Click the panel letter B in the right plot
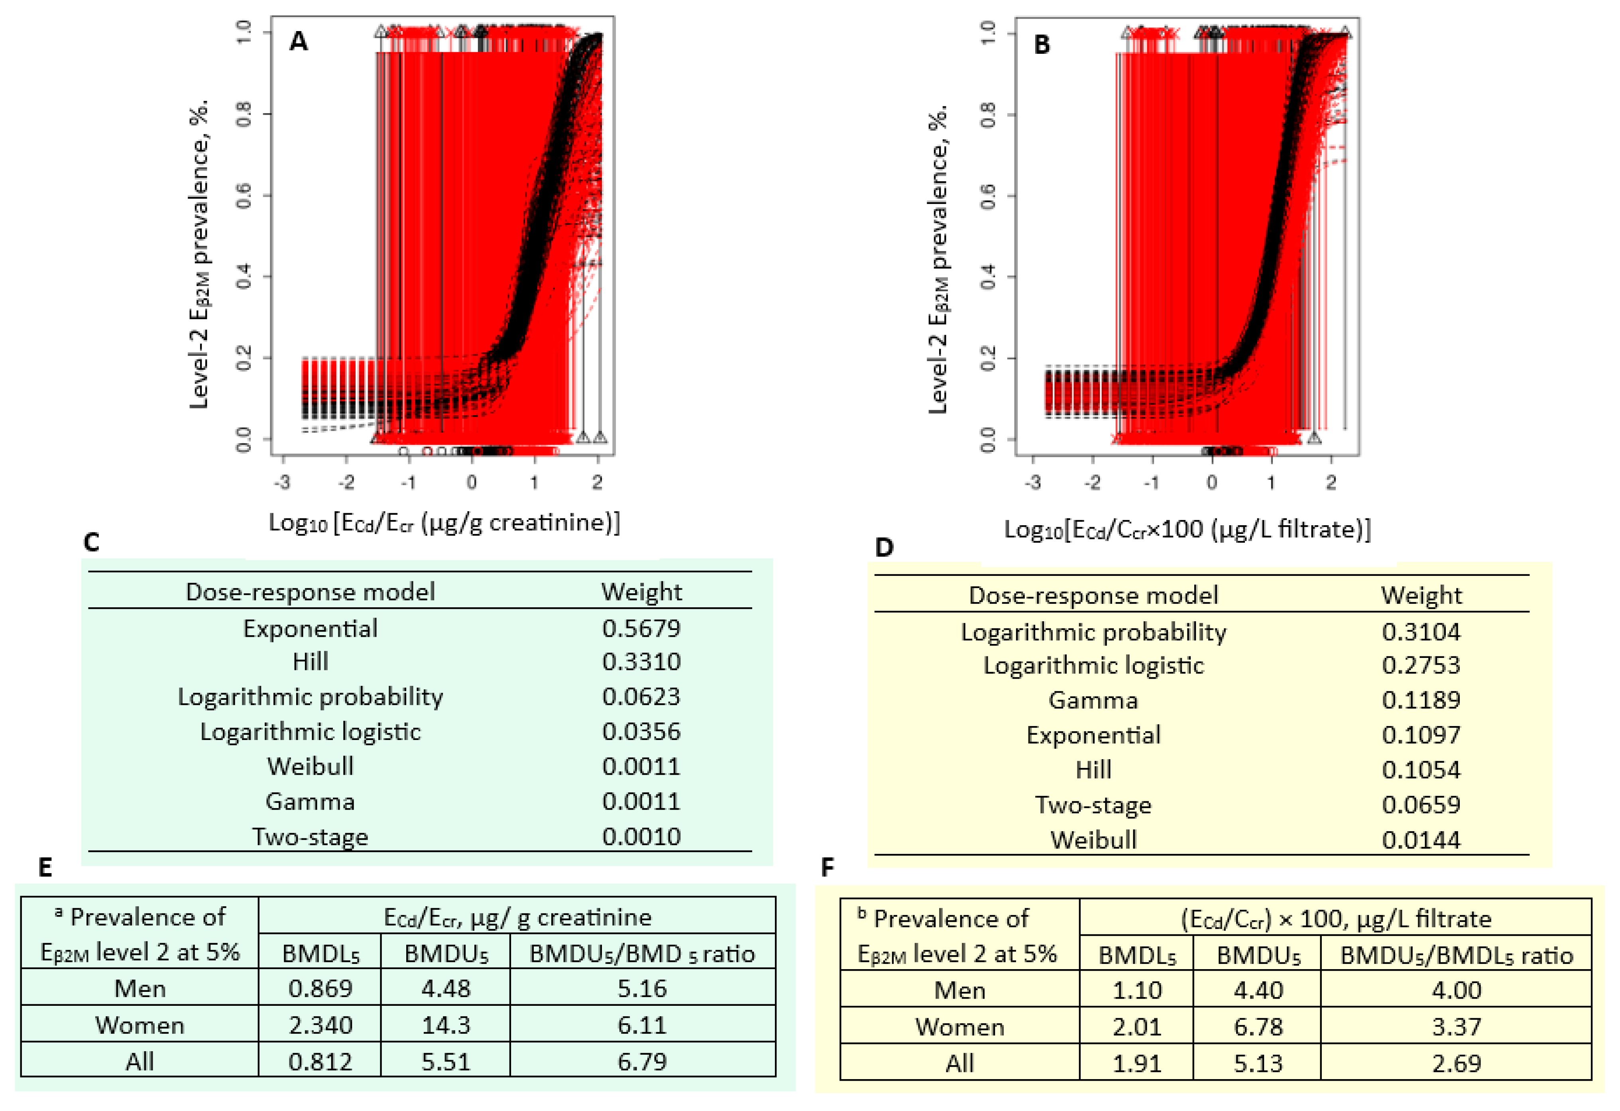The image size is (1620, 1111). pyautogui.click(x=1042, y=45)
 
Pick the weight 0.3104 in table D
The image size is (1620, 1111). pyautogui.click(x=1421, y=632)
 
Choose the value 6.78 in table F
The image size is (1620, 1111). pyautogui.click(x=1258, y=1026)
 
